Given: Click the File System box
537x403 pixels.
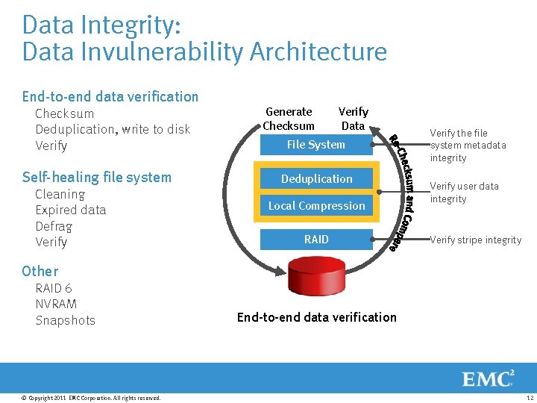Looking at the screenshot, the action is click(x=316, y=145).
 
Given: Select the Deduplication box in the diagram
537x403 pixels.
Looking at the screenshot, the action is click(x=316, y=179).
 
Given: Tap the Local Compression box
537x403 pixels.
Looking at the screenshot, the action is click(x=316, y=206).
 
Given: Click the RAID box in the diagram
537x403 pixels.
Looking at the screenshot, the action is click(x=316, y=240).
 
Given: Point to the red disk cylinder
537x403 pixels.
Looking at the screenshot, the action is click(x=316, y=279).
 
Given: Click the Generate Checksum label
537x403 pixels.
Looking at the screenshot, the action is click(x=289, y=119).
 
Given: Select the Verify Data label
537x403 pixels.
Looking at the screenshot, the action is click(x=353, y=119).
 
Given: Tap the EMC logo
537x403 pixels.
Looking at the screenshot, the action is click(x=489, y=378).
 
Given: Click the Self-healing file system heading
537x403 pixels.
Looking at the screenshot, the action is click(x=97, y=177).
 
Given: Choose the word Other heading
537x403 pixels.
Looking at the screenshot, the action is click(x=40, y=271).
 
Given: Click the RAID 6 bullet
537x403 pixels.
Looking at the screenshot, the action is click(x=54, y=288).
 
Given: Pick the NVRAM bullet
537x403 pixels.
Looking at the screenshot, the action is click(x=56, y=304).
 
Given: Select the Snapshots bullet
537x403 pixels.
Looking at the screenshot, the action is click(x=66, y=320).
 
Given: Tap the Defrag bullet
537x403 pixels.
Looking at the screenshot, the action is click(x=54, y=226).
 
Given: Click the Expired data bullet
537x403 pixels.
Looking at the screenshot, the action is click(x=71, y=210).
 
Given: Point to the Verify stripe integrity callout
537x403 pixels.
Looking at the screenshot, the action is click(x=476, y=240).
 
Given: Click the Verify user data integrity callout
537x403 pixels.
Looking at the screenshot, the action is click(x=464, y=193).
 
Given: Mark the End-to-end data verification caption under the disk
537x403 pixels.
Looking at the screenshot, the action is click(x=316, y=317).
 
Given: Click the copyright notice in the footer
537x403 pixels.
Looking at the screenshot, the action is click(x=91, y=398).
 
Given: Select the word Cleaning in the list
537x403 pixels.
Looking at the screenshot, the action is click(x=60, y=194).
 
